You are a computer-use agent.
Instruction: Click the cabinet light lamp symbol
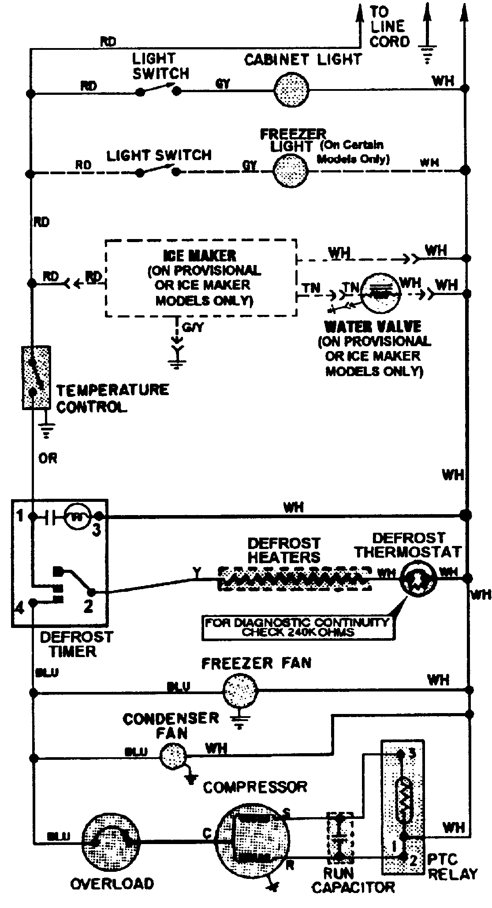pyautogui.click(x=291, y=90)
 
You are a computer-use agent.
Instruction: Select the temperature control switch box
pyautogui.click(x=36, y=377)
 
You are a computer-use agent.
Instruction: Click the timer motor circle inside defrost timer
pyautogui.click(x=78, y=516)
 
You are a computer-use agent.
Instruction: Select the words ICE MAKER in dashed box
pyautogui.click(x=199, y=255)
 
